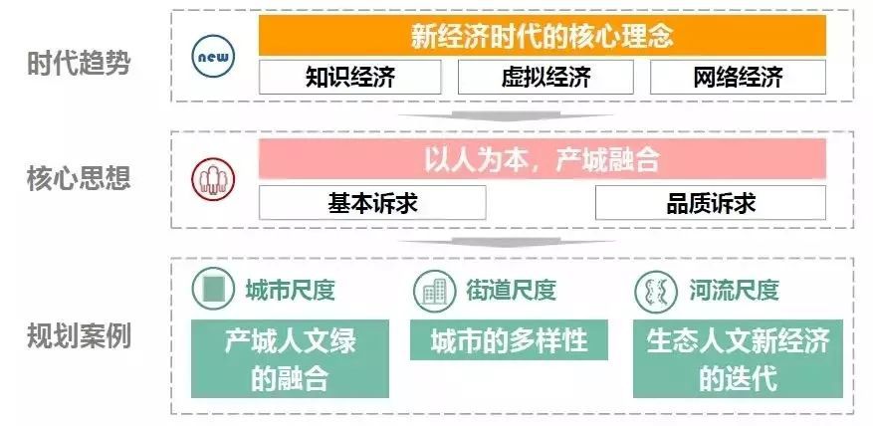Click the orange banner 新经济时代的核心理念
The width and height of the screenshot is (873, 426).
(x=542, y=36)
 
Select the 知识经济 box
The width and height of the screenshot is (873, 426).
(x=349, y=78)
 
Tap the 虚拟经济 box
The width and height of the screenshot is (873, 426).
(x=546, y=78)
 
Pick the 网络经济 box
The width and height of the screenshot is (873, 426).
(x=738, y=78)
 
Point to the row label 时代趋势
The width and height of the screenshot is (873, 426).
(x=79, y=64)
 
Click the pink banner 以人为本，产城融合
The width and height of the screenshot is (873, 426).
(x=542, y=159)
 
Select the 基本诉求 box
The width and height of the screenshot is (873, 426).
(x=372, y=203)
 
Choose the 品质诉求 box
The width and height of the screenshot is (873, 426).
(x=711, y=203)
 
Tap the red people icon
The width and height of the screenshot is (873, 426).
(x=213, y=179)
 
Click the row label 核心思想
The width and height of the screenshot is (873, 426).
(x=79, y=179)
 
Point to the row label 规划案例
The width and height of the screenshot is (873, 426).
(x=79, y=336)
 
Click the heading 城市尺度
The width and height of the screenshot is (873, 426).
(x=290, y=290)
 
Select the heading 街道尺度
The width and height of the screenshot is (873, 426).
(x=511, y=290)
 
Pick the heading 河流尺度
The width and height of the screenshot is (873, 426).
(x=734, y=290)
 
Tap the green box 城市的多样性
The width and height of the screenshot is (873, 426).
(x=509, y=339)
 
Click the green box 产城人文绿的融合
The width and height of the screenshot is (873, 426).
(x=290, y=358)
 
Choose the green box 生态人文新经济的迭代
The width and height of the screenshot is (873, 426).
(x=738, y=358)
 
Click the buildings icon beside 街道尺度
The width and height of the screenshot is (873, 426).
(x=435, y=291)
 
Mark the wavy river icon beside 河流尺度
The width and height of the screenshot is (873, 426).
(x=656, y=291)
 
